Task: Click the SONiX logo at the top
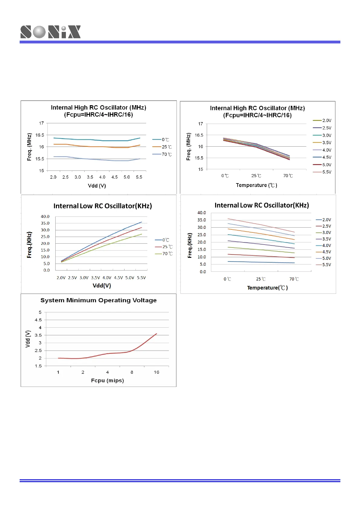click(x=50, y=32)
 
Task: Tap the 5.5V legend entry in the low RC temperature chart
click(x=324, y=265)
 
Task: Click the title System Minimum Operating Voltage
click(x=99, y=300)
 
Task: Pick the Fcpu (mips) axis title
click(x=107, y=381)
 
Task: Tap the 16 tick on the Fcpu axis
click(x=156, y=372)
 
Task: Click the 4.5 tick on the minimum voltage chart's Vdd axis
click(x=38, y=320)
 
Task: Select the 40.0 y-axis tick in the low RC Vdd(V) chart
click(x=45, y=217)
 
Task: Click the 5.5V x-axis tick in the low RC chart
click(x=141, y=278)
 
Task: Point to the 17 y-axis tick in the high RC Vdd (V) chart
click(x=41, y=123)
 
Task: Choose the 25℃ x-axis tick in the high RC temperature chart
click(x=256, y=176)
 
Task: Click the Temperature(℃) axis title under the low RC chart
click(x=267, y=288)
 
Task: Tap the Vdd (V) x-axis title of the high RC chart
click(x=97, y=186)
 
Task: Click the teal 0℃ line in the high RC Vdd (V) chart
click(x=91, y=140)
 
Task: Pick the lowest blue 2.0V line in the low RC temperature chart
click(x=260, y=262)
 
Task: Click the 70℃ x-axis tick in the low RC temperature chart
click(x=294, y=279)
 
